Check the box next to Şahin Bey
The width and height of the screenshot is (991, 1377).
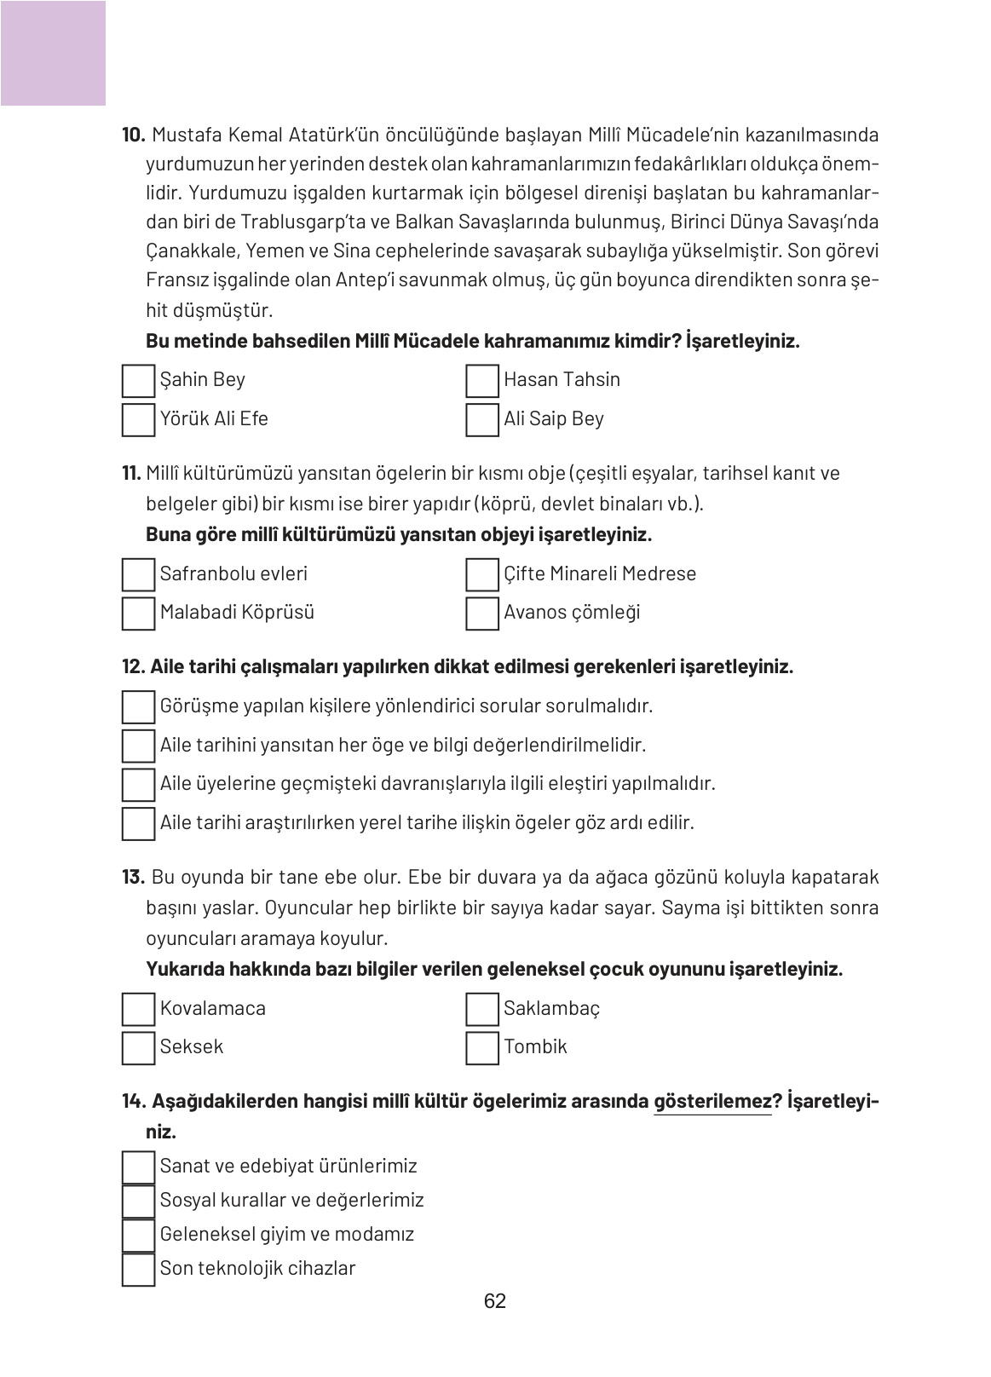138,381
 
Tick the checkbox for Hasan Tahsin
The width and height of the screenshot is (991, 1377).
481,381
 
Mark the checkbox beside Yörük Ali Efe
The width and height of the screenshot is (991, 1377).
138,420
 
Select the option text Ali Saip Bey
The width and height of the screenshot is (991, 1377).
553,418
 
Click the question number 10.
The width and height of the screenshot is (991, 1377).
134,135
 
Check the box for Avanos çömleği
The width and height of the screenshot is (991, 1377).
481,614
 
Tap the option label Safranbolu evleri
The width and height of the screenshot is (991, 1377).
233,573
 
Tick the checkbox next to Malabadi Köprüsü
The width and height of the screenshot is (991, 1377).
138,614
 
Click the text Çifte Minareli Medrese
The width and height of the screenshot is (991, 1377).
599,573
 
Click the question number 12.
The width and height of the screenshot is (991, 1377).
134,666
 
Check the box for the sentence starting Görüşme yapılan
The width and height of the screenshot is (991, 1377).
138,707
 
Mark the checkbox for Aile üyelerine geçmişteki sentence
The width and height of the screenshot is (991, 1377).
138,785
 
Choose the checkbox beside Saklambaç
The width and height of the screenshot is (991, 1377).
481,1009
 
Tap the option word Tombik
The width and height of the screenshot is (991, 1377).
534,1046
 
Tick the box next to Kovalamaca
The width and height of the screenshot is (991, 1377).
138,1009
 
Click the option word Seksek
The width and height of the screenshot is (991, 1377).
191,1046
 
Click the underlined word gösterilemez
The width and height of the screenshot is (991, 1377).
712,1101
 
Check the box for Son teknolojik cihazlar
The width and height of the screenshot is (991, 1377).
138,1269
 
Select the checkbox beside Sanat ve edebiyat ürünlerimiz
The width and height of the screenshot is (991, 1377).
138,1167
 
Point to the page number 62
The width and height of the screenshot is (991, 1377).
494,1301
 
